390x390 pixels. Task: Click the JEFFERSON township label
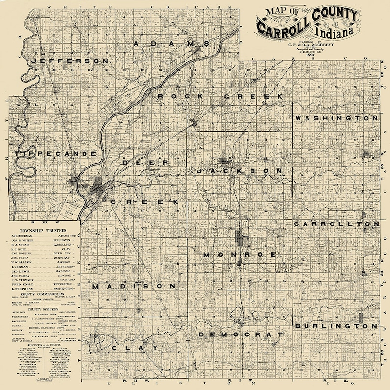[70, 61]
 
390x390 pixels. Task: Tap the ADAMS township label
[172, 44]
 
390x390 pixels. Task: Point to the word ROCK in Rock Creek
[180, 96]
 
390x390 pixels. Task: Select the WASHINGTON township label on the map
[336, 119]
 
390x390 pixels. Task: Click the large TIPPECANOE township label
[56, 154]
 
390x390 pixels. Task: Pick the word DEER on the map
[145, 162]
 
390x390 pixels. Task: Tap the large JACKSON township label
[240, 171]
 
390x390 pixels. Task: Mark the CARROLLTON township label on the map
[336, 223]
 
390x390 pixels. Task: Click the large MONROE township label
[240, 255]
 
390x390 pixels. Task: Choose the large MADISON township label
[134, 286]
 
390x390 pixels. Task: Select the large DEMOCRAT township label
[241, 334]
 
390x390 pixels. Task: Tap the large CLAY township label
[135, 348]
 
